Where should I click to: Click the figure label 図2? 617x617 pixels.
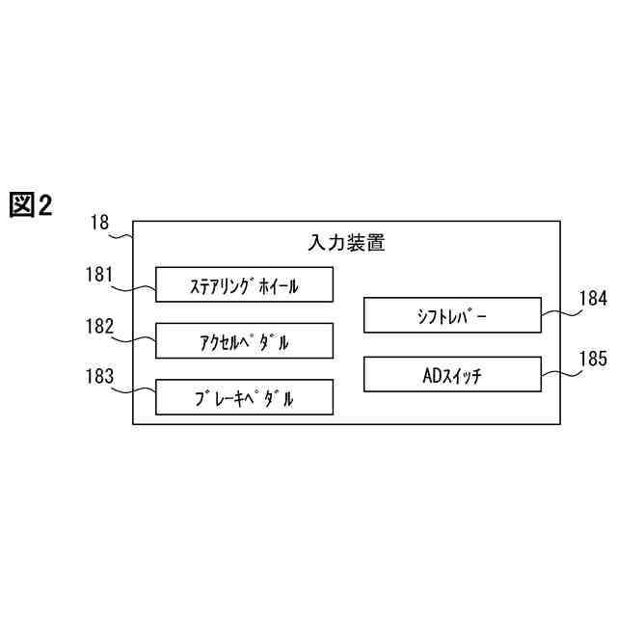(x=31, y=204)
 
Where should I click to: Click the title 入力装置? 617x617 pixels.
(x=346, y=242)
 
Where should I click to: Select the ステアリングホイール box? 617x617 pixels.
(x=245, y=284)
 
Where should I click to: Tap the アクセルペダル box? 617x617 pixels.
(x=245, y=341)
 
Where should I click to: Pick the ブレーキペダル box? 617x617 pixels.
(x=245, y=397)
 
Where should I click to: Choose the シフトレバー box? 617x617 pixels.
(x=452, y=316)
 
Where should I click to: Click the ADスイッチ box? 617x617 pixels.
(x=452, y=374)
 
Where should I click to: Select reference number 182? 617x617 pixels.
(x=99, y=327)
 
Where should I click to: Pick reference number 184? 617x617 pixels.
(x=593, y=300)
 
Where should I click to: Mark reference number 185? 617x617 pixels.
(x=593, y=359)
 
